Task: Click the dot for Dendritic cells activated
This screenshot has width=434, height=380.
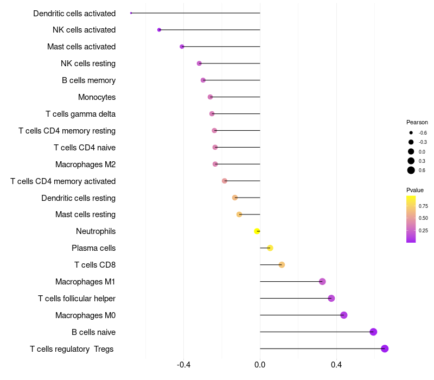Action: tap(131, 13)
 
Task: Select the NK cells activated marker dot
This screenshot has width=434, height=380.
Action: tap(159, 30)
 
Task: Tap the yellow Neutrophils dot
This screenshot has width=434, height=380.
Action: tap(257, 231)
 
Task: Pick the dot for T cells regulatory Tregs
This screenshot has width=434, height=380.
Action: tap(385, 349)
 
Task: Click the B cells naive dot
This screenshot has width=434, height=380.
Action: tap(373, 332)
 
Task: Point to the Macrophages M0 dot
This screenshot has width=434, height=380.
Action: tap(344, 315)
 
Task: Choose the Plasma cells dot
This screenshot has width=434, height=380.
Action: tap(270, 248)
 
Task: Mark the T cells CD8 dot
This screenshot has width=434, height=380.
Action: tap(282, 265)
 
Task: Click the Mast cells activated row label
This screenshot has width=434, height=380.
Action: tap(81, 47)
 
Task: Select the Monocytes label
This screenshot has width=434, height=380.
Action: tap(97, 97)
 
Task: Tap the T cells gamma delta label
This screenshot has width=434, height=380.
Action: tap(80, 114)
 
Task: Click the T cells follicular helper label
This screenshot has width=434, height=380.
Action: tap(76, 299)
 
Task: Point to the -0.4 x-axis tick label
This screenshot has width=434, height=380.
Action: tap(183, 364)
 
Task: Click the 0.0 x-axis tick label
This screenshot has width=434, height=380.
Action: tap(260, 364)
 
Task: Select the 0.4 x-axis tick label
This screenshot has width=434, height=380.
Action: tap(336, 364)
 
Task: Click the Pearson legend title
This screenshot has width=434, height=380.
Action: tap(417, 122)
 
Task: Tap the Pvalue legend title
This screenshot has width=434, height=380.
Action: tap(415, 190)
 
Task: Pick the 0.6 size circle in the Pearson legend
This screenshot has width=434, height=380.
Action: tap(411, 170)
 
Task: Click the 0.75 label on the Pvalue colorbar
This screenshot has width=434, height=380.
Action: tap(423, 206)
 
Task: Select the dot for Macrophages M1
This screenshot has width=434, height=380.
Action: tap(322, 282)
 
